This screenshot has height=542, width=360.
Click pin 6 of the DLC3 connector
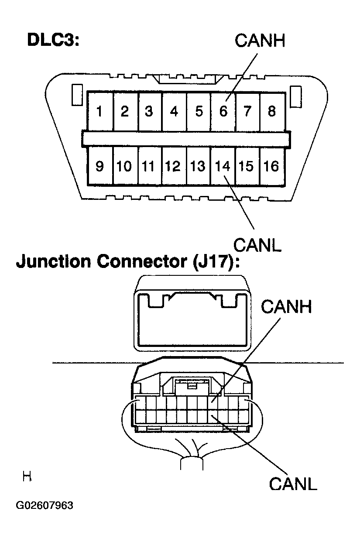pyautogui.click(x=223, y=112)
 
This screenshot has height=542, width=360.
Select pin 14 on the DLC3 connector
pyautogui.click(x=222, y=166)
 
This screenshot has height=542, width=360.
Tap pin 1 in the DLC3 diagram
pyautogui.click(x=100, y=112)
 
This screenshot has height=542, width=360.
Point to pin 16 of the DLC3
pyautogui.click(x=271, y=166)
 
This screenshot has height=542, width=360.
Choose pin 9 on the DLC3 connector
pyautogui.click(x=100, y=166)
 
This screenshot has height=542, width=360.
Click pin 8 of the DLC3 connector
pyautogui.click(x=272, y=112)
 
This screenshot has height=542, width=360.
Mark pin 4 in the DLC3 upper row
pyautogui.click(x=174, y=112)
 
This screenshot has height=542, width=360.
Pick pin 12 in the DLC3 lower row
pyautogui.click(x=173, y=166)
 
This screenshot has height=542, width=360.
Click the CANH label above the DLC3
pyautogui.click(x=260, y=41)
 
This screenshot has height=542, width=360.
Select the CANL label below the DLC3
pyautogui.click(x=257, y=245)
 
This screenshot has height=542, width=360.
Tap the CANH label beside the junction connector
pyautogui.click(x=287, y=307)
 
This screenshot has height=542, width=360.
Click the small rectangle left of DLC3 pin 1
pyautogui.click(x=77, y=96)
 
